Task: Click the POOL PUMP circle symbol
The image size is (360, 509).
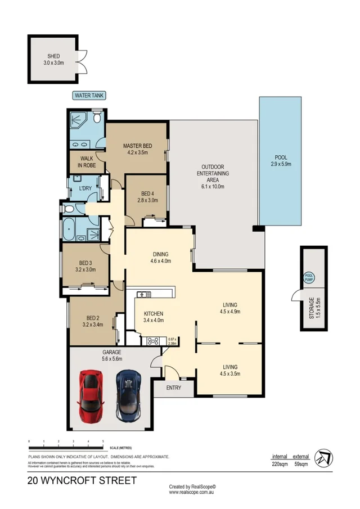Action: point(308,277)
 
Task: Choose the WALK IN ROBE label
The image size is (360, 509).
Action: point(87,162)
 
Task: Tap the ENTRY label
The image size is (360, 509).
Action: point(173,388)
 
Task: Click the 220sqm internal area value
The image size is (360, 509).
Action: point(280,465)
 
